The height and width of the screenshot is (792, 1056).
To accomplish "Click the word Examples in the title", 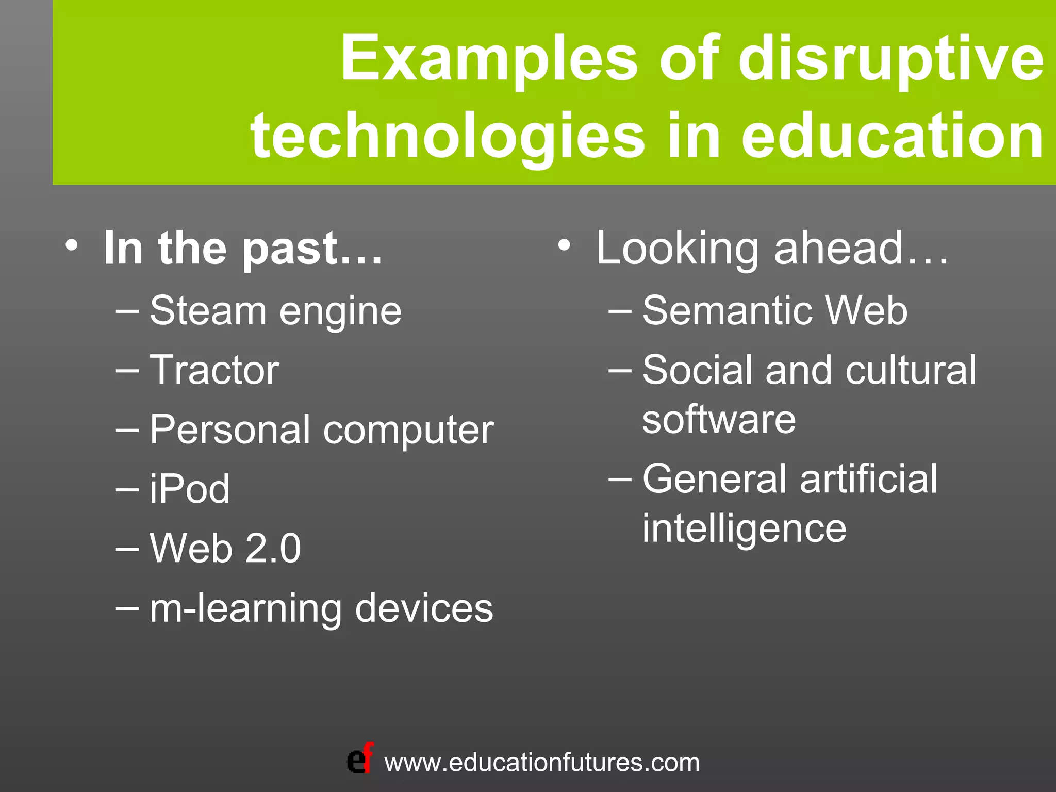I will [x=489, y=58].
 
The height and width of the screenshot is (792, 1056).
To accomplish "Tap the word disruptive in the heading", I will [x=891, y=58].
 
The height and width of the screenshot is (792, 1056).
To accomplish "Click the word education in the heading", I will [x=893, y=136].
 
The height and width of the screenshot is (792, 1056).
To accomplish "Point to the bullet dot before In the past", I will [x=72, y=244].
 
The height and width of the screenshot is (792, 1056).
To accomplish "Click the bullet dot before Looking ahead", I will [x=565, y=244].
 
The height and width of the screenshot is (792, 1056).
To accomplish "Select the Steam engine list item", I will [x=275, y=311].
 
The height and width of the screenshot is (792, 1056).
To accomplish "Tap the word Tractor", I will [x=214, y=370].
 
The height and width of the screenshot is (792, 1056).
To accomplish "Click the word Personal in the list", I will [x=230, y=430].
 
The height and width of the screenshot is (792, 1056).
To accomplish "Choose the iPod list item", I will [x=189, y=489].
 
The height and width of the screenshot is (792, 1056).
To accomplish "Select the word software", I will [x=719, y=420].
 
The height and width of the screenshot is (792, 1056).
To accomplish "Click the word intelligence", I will [x=744, y=529].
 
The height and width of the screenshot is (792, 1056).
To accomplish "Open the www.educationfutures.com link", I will [x=542, y=763].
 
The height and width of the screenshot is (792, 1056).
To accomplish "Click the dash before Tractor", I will [x=127, y=370].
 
